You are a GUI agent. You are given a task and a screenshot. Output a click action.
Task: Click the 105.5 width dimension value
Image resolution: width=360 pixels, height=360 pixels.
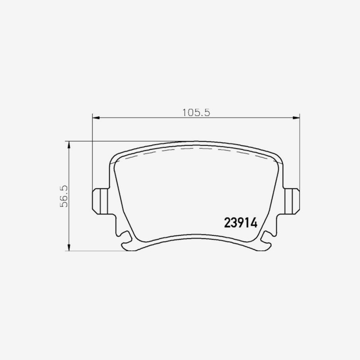click(196, 112)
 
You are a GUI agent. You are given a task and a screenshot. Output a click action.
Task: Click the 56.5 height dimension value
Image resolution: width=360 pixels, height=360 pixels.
click(64, 196)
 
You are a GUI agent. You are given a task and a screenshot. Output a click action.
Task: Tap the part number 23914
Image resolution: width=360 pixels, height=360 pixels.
click(241, 223)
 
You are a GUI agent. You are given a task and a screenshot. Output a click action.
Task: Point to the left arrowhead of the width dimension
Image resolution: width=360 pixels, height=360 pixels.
click(96, 118)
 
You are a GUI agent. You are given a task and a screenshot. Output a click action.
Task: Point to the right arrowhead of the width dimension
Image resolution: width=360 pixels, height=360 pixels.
click(296, 118)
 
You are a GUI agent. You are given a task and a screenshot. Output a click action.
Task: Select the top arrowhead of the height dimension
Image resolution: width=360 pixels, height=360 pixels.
click(69, 145)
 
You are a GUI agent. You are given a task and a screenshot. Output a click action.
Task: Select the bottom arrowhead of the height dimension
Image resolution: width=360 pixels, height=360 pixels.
click(69, 247)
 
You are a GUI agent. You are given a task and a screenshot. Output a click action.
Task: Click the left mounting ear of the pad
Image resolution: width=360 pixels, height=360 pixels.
click(100, 201)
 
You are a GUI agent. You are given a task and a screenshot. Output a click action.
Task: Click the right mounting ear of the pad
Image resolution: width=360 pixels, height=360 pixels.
click(292, 201)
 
